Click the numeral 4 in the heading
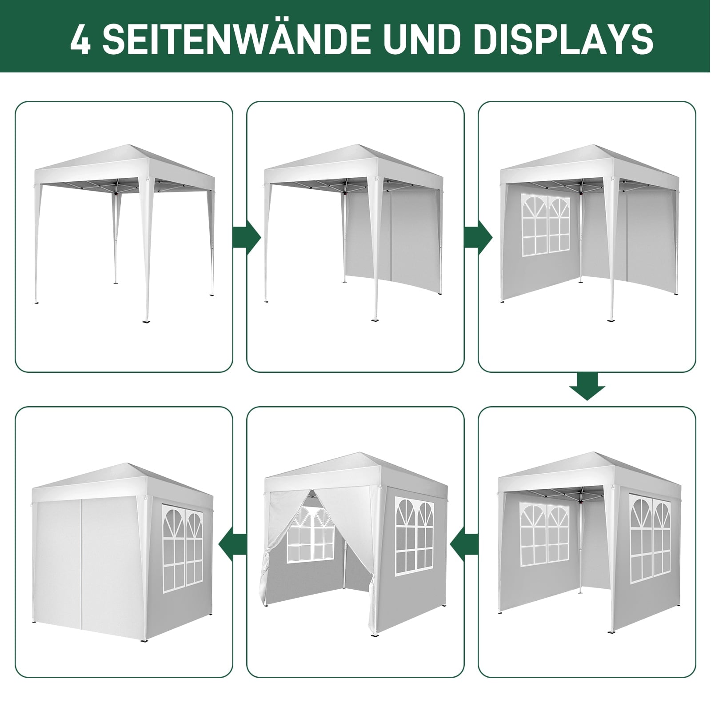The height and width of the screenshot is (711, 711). click(80, 39)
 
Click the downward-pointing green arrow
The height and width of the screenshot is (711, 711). click(587, 387)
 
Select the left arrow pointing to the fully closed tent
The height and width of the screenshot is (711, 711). click(233, 546)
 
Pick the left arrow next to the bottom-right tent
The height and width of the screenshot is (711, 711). click(464, 546)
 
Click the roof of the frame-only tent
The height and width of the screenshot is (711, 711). click(124, 164)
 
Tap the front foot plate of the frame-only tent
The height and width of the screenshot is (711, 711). click(147, 321)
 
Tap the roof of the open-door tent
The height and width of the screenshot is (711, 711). click(355, 473)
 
